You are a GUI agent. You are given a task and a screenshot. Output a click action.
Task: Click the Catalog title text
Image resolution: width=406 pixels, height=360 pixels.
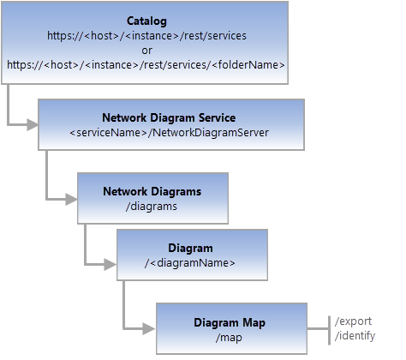(146, 21)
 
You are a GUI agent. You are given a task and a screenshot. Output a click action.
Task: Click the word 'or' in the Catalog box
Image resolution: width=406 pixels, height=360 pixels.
(146, 51)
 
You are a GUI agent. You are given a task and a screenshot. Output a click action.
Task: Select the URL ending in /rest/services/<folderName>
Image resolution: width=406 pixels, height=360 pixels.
(146, 64)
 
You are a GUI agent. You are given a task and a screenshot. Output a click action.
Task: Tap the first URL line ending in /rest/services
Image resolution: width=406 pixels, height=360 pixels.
(146, 37)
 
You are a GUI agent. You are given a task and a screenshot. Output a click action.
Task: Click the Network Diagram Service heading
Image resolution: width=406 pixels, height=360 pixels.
(169, 118)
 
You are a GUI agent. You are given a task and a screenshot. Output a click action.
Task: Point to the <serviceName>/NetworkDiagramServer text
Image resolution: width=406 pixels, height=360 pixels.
(169, 133)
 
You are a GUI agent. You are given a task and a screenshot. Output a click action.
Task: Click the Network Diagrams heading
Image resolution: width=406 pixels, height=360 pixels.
(152, 191)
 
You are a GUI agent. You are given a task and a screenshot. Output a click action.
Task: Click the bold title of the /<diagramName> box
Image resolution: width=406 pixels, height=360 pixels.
(190, 249)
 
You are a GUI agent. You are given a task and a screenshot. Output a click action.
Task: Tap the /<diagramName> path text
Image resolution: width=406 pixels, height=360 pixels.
(190, 263)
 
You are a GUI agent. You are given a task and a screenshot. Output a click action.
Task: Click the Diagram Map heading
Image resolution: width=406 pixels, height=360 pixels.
(230, 322)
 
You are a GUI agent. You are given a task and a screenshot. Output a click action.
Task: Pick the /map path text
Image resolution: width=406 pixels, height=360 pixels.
(230, 338)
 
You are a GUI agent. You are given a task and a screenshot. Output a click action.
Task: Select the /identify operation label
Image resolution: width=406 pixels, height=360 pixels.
(355, 336)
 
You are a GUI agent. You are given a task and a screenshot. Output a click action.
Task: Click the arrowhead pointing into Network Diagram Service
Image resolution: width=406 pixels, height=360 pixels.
(32, 125)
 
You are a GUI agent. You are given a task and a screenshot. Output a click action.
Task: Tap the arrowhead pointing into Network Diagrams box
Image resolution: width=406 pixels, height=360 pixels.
(71, 199)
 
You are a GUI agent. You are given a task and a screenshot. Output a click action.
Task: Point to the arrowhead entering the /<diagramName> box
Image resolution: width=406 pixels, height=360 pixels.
(110, 256)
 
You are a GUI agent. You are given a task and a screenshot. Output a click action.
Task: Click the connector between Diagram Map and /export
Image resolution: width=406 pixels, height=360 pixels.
(319, 327)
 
